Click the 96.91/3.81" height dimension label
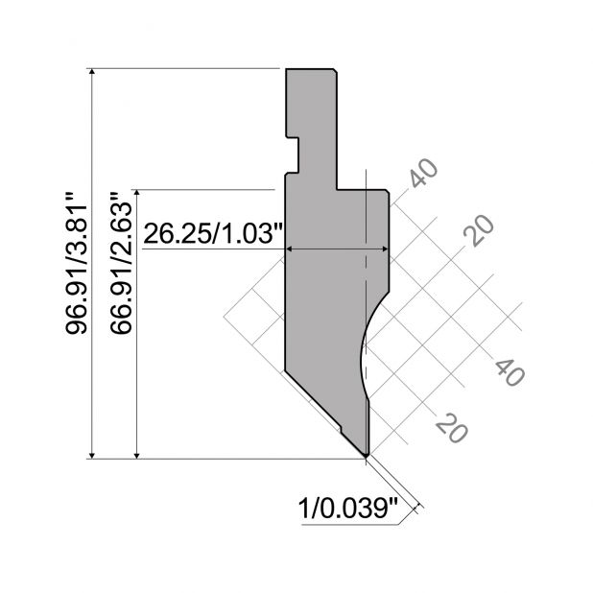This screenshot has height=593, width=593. [77, 264]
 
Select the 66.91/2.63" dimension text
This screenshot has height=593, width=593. [121, 263]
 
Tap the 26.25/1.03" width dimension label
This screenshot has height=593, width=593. [213, 233]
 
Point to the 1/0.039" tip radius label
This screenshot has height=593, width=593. [348, 509]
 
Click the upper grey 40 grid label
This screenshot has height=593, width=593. [424, 174]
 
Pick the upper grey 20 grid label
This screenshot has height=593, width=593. [479, 230]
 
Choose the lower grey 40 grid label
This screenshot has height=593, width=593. [510, 372]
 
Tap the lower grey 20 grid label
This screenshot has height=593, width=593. [452, 427]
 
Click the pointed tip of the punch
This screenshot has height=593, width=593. [367, 455]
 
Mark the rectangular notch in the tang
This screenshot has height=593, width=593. [293, 155]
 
